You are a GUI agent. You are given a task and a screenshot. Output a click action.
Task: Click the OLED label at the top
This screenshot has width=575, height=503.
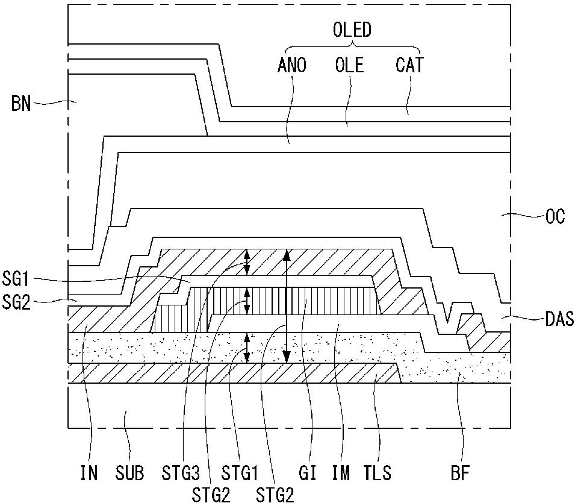[x=352, y=30]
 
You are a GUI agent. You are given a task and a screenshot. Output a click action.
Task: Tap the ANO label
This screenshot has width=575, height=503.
[x=292, y=65]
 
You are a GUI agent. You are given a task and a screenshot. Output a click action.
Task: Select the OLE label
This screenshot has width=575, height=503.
[x=349, y=65]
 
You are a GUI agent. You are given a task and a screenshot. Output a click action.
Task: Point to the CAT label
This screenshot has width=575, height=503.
[x=409, y=65]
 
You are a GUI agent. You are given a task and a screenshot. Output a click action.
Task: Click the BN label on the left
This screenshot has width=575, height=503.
[x=21, y=104]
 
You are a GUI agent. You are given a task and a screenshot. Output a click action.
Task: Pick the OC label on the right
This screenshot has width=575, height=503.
[x=555, y=216]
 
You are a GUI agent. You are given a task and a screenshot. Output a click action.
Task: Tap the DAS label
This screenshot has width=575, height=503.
[x=559, y=319]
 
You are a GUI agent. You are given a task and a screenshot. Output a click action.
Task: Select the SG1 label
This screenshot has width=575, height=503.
[x=16, y=279]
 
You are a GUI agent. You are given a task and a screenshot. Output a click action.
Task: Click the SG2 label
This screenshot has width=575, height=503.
[x=16, y=302]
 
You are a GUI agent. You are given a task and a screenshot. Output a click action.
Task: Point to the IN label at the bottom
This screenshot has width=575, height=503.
[x=89, y=473]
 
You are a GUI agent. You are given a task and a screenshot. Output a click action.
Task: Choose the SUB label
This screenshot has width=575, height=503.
[x=129, y=473]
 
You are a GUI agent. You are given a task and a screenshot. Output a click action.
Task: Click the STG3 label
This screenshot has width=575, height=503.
[x=181, y=473]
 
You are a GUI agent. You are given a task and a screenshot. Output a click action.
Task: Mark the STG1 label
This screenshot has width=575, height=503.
[x=240, y=473]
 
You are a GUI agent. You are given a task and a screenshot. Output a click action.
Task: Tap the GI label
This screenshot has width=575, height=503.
[x=307, y=473]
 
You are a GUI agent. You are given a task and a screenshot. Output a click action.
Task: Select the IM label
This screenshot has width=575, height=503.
[x=341, y=473]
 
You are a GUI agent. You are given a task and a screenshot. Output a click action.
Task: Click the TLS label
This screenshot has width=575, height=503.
[x=378, y=473]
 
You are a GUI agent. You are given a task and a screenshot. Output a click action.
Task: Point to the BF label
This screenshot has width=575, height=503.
[x=460, y=473]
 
